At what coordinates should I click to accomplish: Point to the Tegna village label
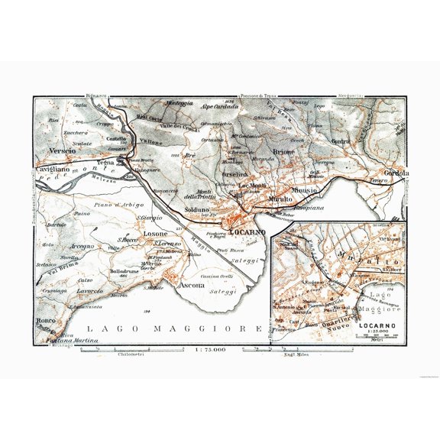coord(105,163)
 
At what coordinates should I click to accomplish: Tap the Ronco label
coord(47,321)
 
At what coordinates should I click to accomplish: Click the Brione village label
coord(283,152)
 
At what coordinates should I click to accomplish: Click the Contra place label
coord(341,141)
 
